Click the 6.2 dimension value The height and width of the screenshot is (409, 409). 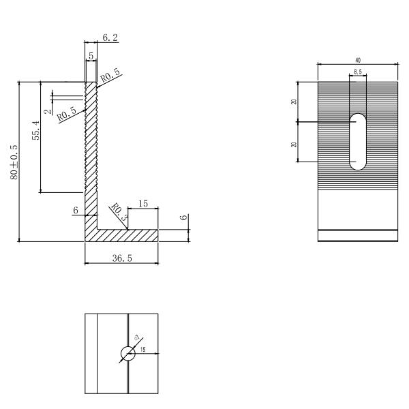(x=110, y=38)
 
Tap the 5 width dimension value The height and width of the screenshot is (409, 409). (x=91, y=55)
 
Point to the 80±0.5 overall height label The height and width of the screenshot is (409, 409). (x=14, y=161)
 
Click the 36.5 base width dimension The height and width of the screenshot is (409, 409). (x=121, y=258)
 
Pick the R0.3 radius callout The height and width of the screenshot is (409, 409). (x=118, y=213)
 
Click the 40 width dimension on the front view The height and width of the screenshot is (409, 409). (x=358, y=61)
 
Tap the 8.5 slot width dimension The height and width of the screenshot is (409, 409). (x=358, y=72)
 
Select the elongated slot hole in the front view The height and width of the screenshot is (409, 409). (x=358, y=142)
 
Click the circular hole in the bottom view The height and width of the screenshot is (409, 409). (x=127, y=353)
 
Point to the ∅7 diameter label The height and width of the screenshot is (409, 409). (x=137, y=338)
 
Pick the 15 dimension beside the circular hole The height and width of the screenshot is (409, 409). (x=143, y=350)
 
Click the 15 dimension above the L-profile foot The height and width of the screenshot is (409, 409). (x=142, y=204)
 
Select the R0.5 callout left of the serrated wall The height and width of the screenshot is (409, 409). (x=67, y=114)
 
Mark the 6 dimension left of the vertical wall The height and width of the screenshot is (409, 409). (x=76, y=211)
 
